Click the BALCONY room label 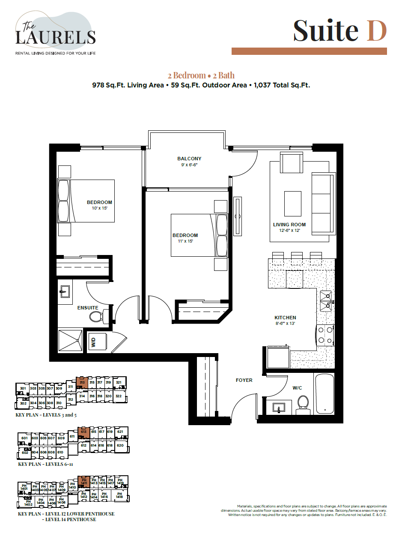coord(189,159)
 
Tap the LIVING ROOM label coord(289,225)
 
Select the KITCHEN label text coord(285,318)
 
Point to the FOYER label coord(244,380)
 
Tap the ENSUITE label coord(88,308)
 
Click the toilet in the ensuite coord(96,317)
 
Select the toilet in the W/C coord(303,404)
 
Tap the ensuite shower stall coord(70,340)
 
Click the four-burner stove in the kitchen coord(325,335)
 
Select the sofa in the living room coord(323,203)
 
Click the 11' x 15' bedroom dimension coord(185,241)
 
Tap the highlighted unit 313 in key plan coord(83,382)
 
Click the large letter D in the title coord(377,31)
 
